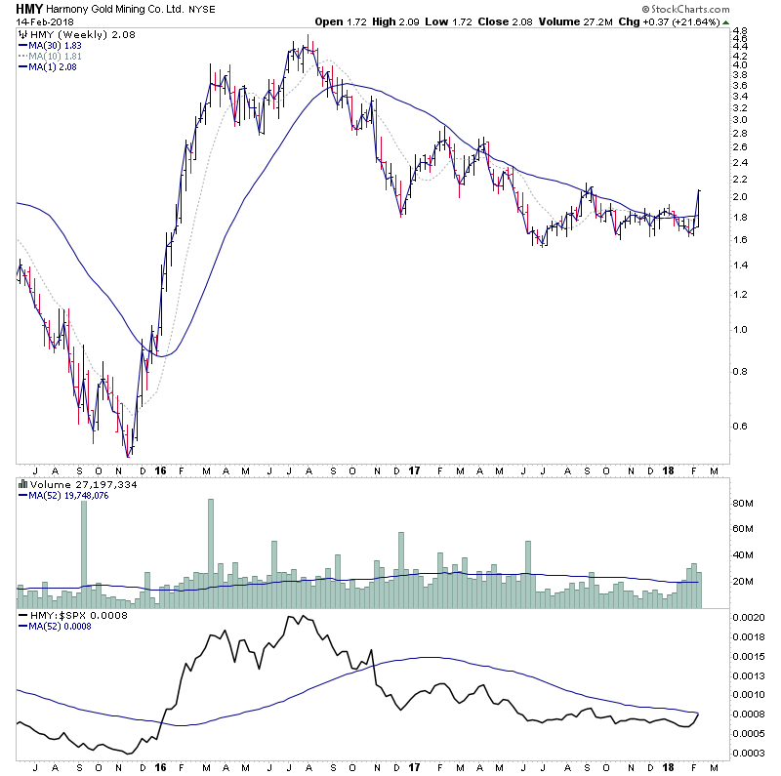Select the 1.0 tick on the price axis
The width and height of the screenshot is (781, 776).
tap(740, 330)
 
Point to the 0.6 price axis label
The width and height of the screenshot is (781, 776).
tap(740, 426)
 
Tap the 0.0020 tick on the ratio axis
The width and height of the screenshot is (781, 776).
tap(750, 619)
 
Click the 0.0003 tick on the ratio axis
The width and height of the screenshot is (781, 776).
tap(750, 752)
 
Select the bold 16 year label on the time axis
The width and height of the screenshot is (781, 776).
tap(160, 470)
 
